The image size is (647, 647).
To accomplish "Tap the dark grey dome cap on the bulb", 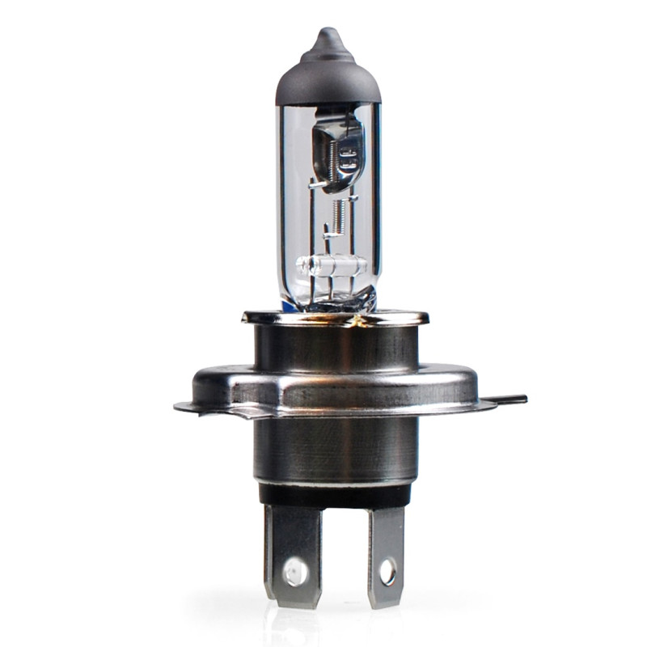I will coord(327,77).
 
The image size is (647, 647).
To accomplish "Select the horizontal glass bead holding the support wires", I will coord(332,264).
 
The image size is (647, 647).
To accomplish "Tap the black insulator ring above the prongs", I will coord(335,493).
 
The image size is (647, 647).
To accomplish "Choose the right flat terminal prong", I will coord(386,558).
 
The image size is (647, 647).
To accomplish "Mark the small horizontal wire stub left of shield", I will coord(318,185).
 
